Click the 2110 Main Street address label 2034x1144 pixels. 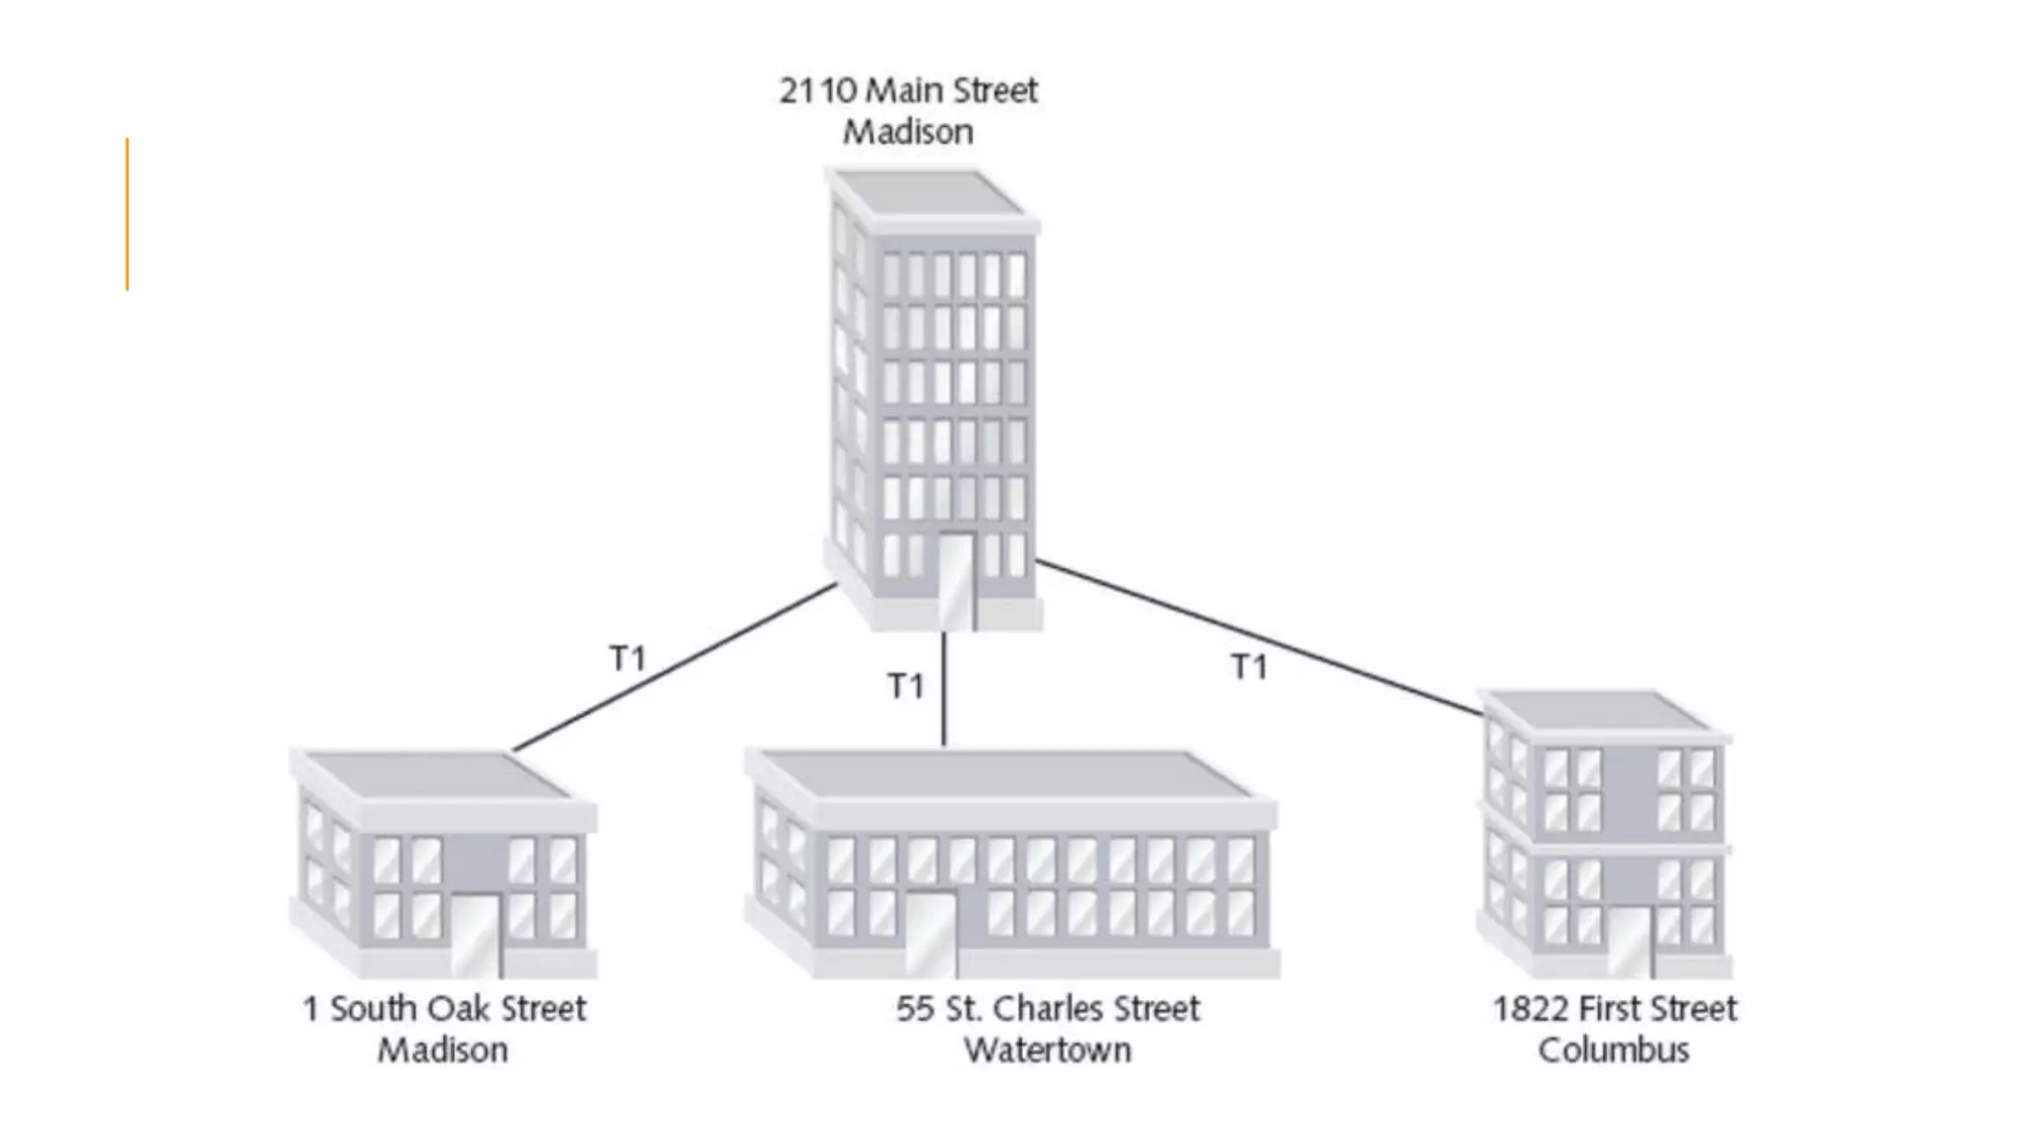[x=908, y=90]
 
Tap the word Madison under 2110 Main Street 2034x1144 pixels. [x=908, y=132]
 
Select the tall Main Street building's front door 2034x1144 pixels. [x=955, y=581]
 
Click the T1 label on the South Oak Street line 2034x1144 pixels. [x=627, y=657]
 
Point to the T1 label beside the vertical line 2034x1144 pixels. [x=905, y=685]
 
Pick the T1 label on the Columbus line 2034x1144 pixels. [x=1248, y=666]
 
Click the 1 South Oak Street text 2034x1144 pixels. [x=444, y=1009]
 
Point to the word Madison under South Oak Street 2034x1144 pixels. [x=443, y=1051]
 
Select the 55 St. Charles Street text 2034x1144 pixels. [x=1047, y=1009]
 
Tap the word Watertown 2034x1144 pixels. [x=1047, y=1051]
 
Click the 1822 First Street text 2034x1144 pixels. [x=1615, y=1009]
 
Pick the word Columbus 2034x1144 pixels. [x=1614, y=1051]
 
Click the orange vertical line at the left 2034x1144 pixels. [x=127, y=214]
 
